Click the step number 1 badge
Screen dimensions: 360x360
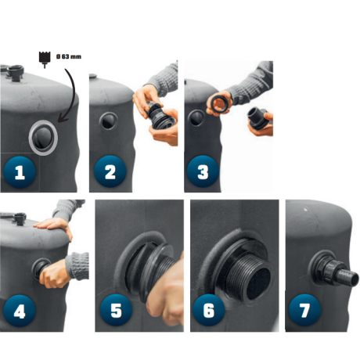point(20,172)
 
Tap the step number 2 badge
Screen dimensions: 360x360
point(110,171)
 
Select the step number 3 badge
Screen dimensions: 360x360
point(203,171)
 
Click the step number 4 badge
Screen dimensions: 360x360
point(20,311)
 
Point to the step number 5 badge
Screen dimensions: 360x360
point(116,310)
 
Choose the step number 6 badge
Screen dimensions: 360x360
point(209,310)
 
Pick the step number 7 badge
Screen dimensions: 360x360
point(304,310)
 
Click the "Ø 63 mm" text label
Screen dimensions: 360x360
point(69,56)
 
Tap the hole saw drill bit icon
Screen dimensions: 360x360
point(45,59)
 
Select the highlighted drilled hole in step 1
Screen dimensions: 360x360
point(43,138)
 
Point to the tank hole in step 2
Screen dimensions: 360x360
point(108,121)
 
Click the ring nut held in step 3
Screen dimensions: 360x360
point(219,103)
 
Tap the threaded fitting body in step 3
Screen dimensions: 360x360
point(257,118)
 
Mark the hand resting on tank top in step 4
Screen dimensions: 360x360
point(55,226)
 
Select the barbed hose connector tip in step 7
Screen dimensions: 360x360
point(350,277)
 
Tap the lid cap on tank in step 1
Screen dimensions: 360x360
point(15,72)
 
